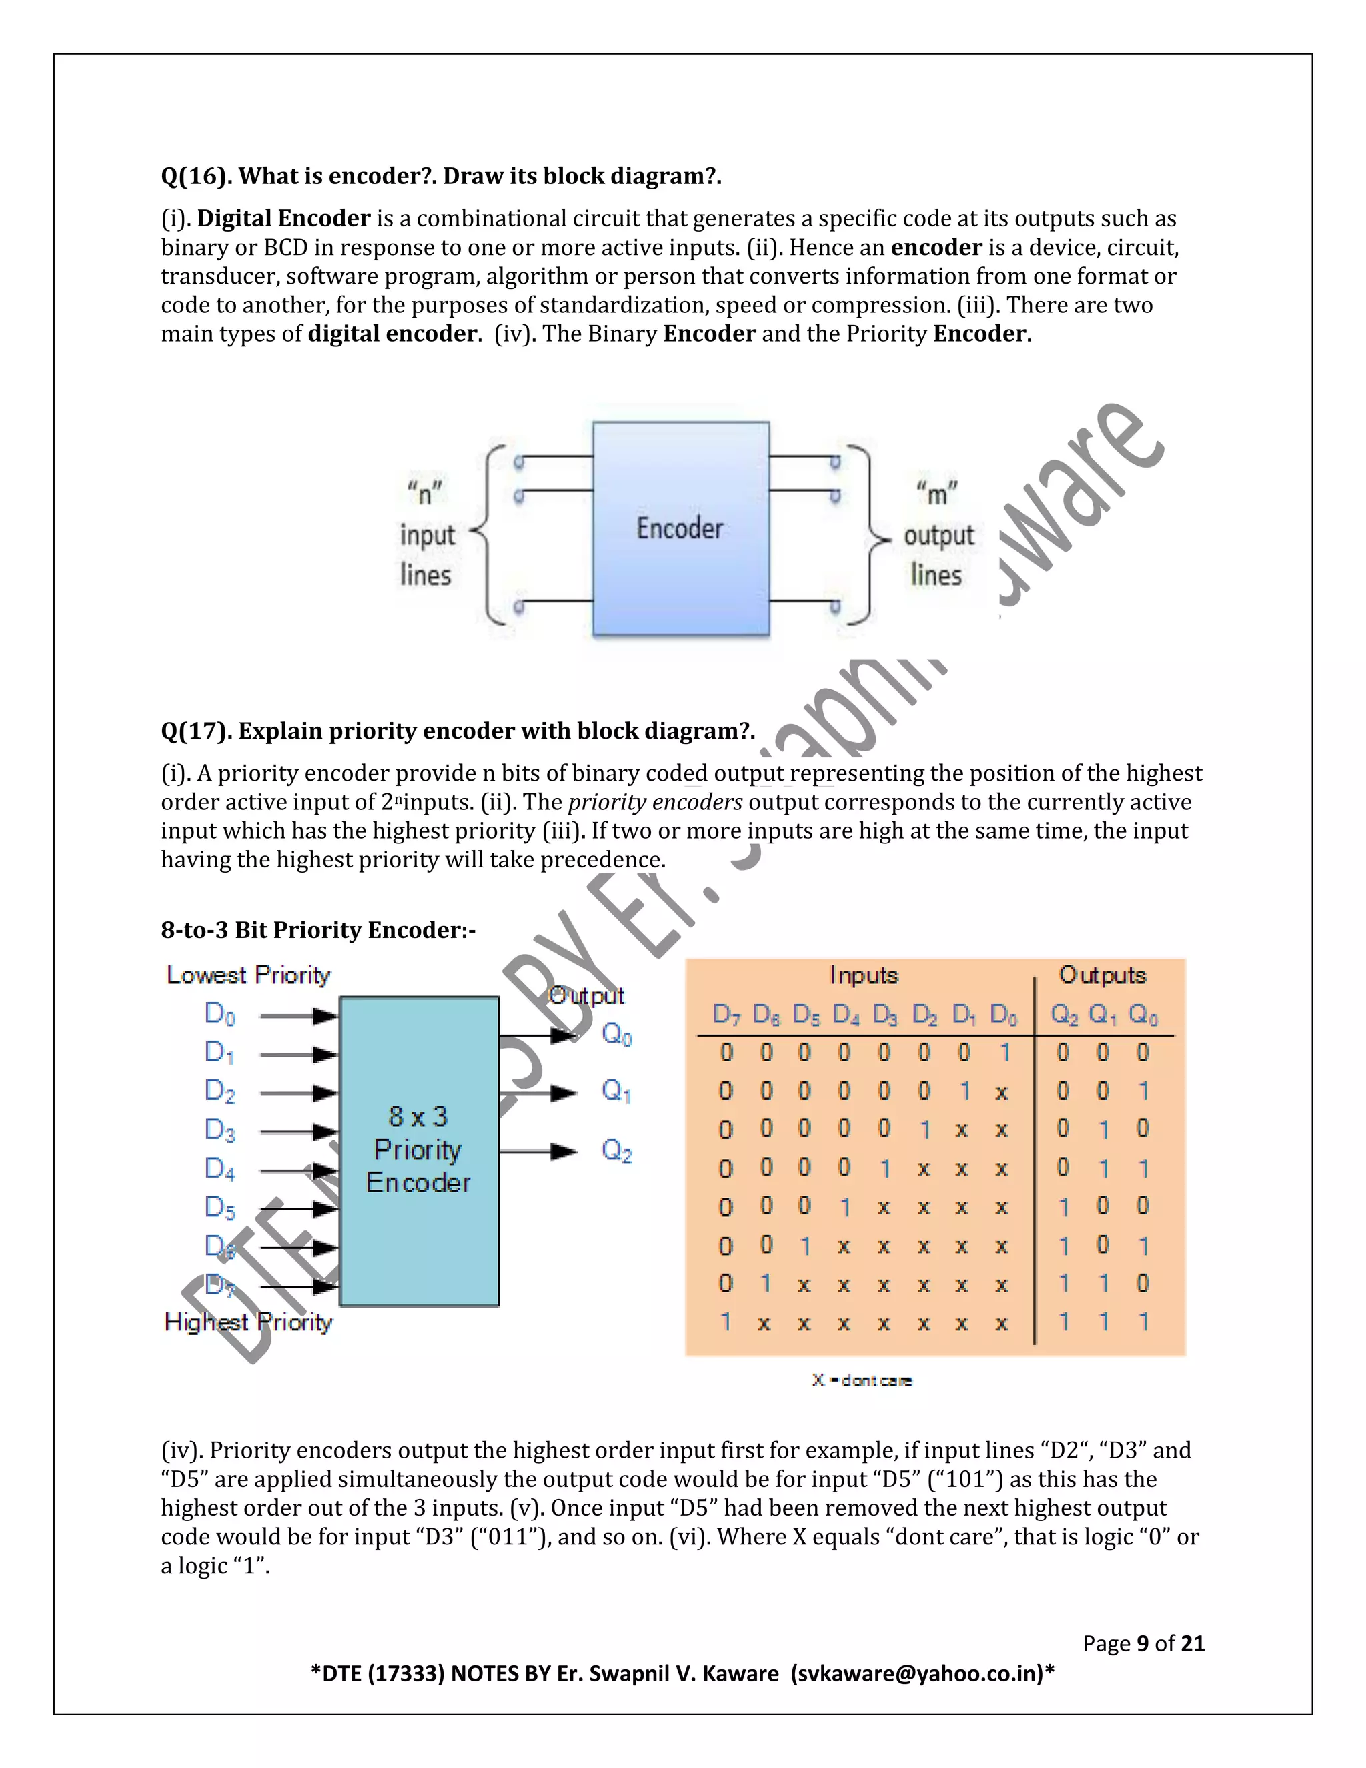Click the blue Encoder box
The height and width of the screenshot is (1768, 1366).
click(x=680, y=528)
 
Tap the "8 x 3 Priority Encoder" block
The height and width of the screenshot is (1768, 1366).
click(x=418, y=1150)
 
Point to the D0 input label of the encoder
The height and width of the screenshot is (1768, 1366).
click(x=219, y=1014)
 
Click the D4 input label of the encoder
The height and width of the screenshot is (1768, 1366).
click(x=219, y=1169)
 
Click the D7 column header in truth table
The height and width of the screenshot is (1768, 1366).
click(x=726, y=1014)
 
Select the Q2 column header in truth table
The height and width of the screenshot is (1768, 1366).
click(x=1063, y=1014)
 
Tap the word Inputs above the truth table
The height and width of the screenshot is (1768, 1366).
click(x=864, y=975)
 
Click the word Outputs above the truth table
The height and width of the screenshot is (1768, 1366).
click(x=1102, y=975)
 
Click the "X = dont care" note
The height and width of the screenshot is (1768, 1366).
click(x=862, y=1380)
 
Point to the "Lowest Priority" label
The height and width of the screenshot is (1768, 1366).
click(x=248, y=975)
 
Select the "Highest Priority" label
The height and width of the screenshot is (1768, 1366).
click(x=248, y=1323)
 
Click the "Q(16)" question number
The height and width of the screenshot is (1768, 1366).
click(x=196, y=177)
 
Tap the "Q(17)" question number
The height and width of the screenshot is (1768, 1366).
click(x=196, y=731)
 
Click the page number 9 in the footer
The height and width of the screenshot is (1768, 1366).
click(x=1143, y=1643)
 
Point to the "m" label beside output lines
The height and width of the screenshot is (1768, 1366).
click(x=937, y=492)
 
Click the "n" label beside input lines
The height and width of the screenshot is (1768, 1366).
click(x=425, y=492)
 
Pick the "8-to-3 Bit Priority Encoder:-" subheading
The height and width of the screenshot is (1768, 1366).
click(x=318, y=930)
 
